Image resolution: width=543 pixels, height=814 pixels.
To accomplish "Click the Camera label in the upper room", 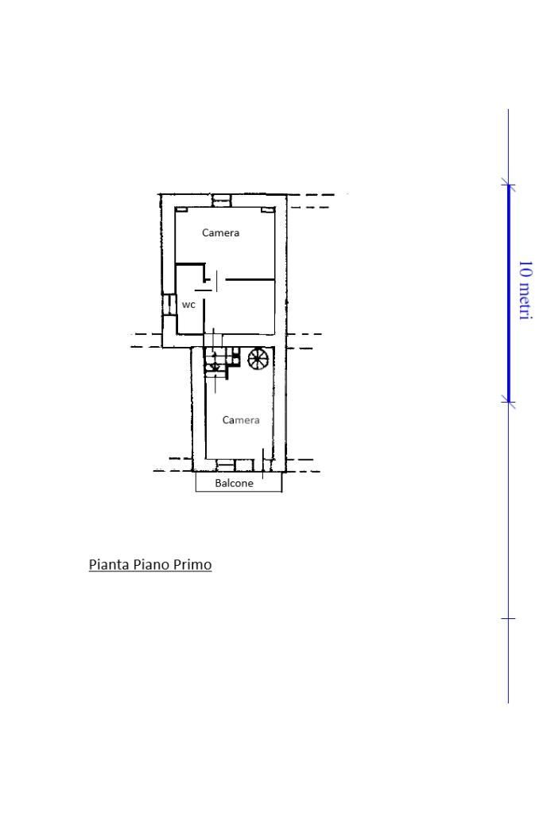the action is click(220, 232).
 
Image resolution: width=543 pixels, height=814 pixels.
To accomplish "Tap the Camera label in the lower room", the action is click(241, 420).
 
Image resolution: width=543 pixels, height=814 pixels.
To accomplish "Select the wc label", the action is click(188, 305).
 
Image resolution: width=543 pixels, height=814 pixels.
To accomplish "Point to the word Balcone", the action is click(234, 483).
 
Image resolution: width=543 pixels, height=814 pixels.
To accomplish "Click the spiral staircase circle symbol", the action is click(258, 359).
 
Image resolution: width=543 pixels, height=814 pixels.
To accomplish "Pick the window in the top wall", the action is click(222, 201).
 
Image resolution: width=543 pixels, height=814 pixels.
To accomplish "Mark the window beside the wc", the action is click(167, 305).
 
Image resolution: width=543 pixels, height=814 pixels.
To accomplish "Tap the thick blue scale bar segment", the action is click(509, 294).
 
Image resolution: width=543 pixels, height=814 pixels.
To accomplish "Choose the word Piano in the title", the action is click(151, 564).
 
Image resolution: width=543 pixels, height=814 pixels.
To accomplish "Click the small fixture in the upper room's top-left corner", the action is click(181, 210).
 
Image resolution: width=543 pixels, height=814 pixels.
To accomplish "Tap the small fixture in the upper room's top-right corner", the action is click(266, 210).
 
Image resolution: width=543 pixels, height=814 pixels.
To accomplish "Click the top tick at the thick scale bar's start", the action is click(508, 185).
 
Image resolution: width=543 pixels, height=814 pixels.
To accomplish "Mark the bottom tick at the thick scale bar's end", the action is click(508, 402).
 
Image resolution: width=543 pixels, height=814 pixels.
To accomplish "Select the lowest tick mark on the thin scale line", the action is click(508, 619).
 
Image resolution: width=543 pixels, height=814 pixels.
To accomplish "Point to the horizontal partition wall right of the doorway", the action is click(250, 280).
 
